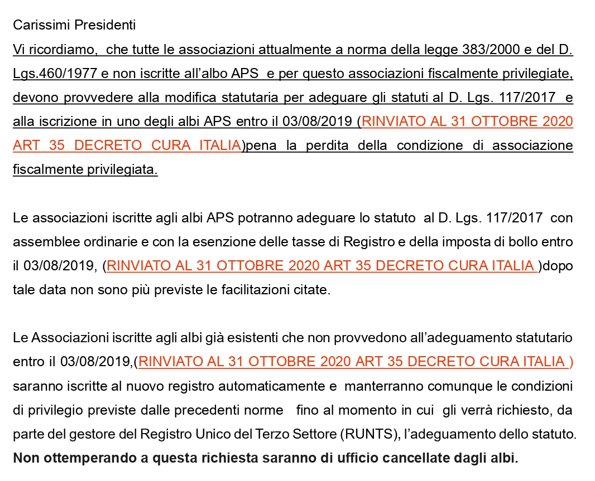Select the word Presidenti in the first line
[105, 25]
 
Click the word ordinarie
[104, 242]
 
